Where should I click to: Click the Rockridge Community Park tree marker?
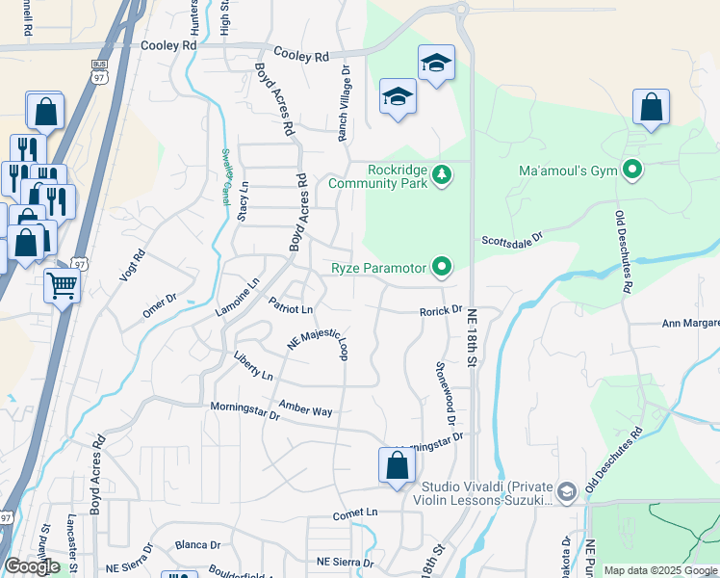pyautogui.click(x=442, y=175)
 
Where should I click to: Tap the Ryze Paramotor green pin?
pyautogui.click(x=442, y=266)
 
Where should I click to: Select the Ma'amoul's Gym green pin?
pyautogui.click(x=632, y=171)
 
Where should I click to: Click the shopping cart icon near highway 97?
pyautogui.click(x=62, y=284)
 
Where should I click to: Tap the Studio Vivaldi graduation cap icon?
pyautogui.click(x=567, y=492)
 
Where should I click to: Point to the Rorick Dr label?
pyautogui.click(x=441, y=311)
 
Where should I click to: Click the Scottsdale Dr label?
pyautogui.click(x=513, y=238)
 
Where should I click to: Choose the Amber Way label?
pyautogui.click(x=305, y=407)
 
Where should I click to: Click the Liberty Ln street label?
pyautogui.click(x=253, y=365)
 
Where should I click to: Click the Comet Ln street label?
pyautogui.click(x=356, y=514)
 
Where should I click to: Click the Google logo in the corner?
pyautogui.click(x=32, y=566)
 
